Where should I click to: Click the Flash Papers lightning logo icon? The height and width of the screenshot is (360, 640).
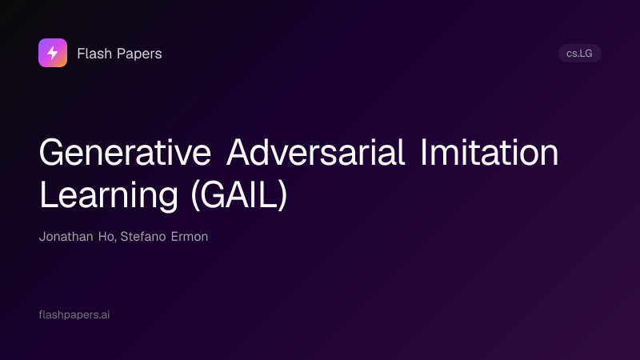click(53, 53)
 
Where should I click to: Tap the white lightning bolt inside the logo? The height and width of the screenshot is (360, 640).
click(53, 53)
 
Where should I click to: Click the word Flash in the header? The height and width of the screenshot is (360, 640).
click(94, 54)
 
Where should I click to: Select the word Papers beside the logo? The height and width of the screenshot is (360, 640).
click(139, 54)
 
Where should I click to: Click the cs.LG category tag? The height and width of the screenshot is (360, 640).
click(579, 54)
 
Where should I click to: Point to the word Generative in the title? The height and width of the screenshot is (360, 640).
click(125, 152)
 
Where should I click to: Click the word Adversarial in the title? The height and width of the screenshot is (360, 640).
click(315, 152)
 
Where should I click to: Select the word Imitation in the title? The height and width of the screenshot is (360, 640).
click(489, 152)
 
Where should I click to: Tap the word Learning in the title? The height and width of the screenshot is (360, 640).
click(109, 196)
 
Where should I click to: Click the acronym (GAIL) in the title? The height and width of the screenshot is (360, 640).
click(239, 196)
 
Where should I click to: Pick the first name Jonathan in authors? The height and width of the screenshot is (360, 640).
click(66, 237)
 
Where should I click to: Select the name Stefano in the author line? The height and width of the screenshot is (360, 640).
click(143, 237)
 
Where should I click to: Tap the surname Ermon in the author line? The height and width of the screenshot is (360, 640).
click(190, 237)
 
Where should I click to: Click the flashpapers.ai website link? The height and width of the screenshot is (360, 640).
click(74, 314)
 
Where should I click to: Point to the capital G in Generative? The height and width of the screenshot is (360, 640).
click(51, 152)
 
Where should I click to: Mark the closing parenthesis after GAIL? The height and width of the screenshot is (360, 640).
click(282, 196)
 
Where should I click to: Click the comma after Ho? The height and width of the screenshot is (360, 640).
click(115, 241)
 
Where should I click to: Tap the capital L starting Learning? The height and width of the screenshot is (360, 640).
click(48, 195)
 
